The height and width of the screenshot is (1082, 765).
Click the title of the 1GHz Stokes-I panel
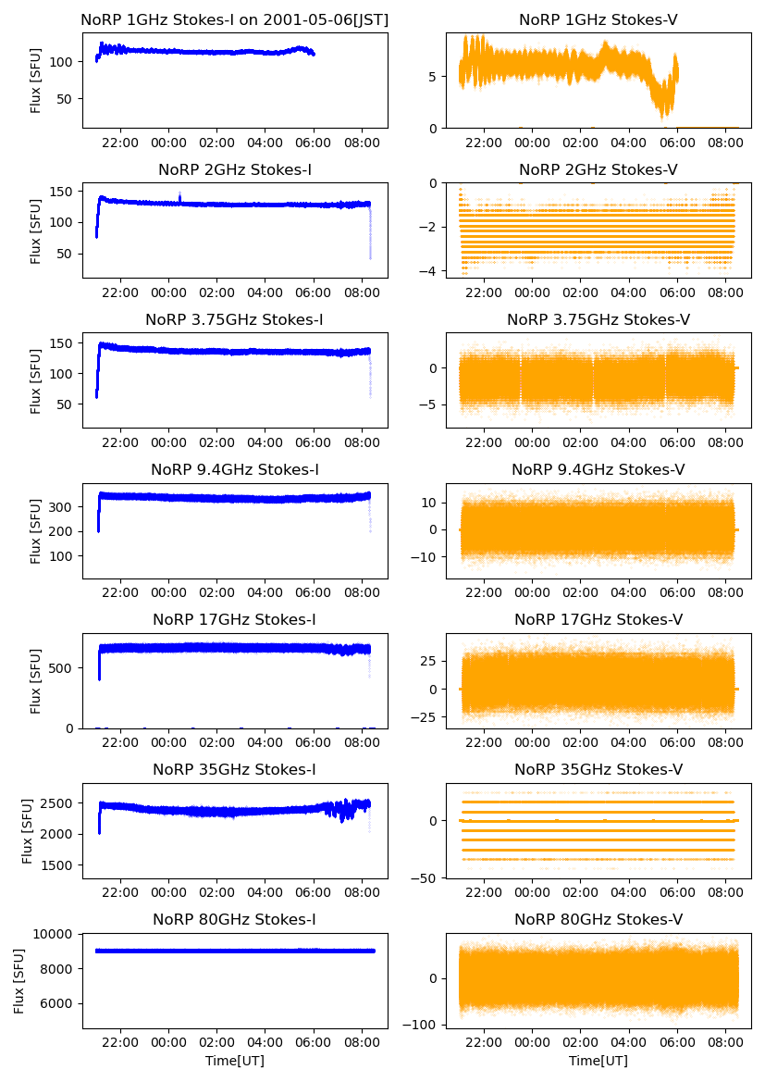coord(234,19)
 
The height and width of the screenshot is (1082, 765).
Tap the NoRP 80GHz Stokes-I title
coord(234,919)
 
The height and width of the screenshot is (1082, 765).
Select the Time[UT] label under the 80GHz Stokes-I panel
coord(234,1061)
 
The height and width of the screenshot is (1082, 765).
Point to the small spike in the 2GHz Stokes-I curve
coord(179,195)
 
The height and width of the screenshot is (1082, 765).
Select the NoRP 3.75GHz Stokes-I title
coord(234,319)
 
